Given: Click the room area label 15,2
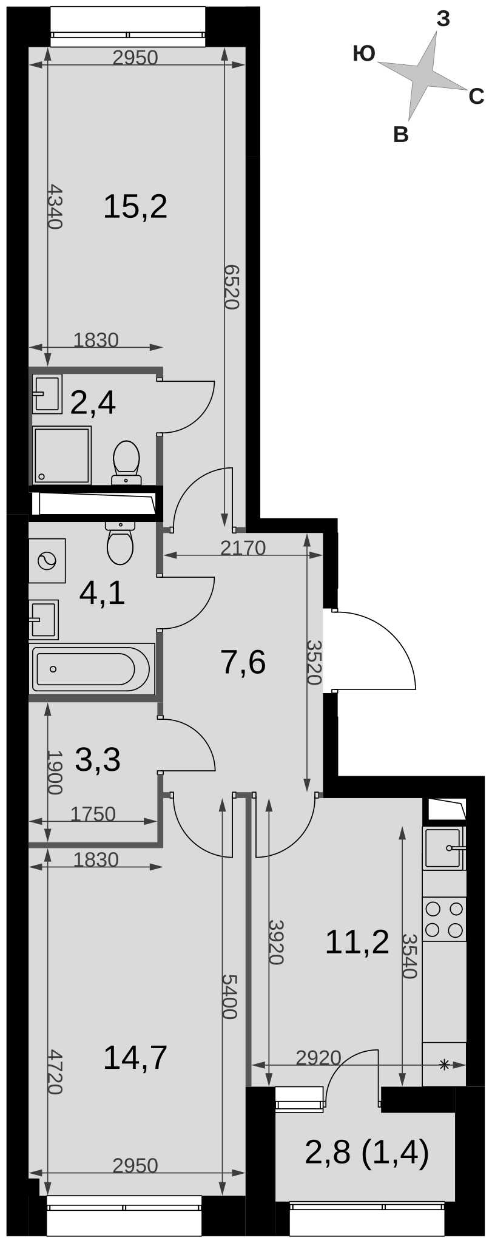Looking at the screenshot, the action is pyautogui.click(x=135, y=207).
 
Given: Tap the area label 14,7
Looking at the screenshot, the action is pyautogui.click(x=135, y=1057).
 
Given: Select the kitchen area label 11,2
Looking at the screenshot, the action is pyautogui.click(x=357, y=941).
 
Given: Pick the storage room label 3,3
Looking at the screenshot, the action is pyautogui.click(x=98, y=759).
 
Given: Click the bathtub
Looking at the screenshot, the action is pyautogui.click(x=92, y=669).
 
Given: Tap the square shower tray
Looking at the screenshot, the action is pyautogui.click(x=62, y=455).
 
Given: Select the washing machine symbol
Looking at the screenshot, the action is pyautogui.click(x=47, y=560).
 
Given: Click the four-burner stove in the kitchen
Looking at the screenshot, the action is pyautogui.click(x=444, y=920).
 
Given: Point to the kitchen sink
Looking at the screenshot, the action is pyautogui.click(x=444, y=847).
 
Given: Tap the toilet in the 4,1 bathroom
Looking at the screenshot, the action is pyautogui.click(x=120, y=543).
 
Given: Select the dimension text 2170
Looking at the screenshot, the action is pyautogui.click(x=243, y=548).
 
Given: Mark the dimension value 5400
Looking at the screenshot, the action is pyautogui.click(x=229, y=996).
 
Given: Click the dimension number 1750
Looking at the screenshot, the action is pyautogui.click(x=93, y=814).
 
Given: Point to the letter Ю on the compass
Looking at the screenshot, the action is pyautogui.click(x=364, y=55).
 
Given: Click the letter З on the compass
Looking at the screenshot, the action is pyautogui.click(x=443, y=19).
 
